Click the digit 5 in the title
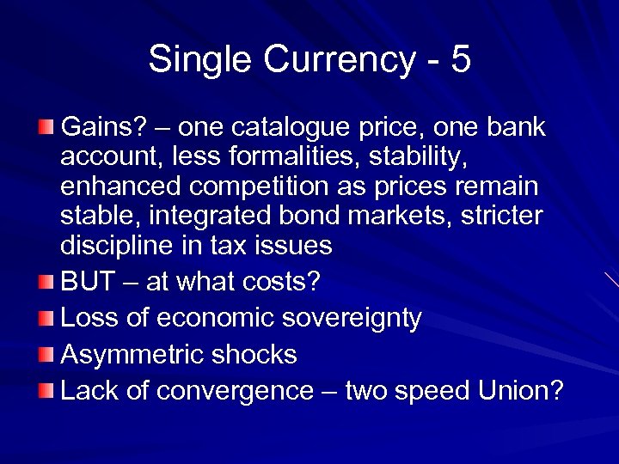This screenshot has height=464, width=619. pos(460,60)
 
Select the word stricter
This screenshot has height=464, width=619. pos(497,216)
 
